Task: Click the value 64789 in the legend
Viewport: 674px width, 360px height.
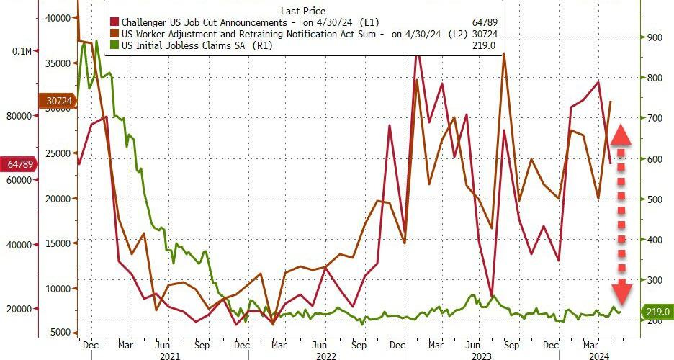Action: point(482,22)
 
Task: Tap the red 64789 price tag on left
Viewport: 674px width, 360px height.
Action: point(19,164)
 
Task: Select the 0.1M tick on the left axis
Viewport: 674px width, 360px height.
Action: point(22,52)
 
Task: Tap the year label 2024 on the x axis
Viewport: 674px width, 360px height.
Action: point(597,355)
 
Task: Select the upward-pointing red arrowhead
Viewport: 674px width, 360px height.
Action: point(622,135)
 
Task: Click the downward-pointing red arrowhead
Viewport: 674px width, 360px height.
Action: point(622,292)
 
